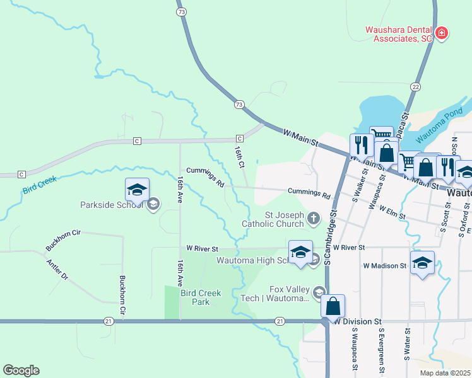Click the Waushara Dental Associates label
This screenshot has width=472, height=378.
(399, 34)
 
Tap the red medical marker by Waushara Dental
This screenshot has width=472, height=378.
(442, 33)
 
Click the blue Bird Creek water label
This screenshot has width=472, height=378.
(40, 185)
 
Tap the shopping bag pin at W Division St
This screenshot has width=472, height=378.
(333, 307)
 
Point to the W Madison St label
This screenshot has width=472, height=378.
(384, 266)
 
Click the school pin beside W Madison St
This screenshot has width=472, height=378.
(422, 263)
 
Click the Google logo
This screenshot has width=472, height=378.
(21, 370)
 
